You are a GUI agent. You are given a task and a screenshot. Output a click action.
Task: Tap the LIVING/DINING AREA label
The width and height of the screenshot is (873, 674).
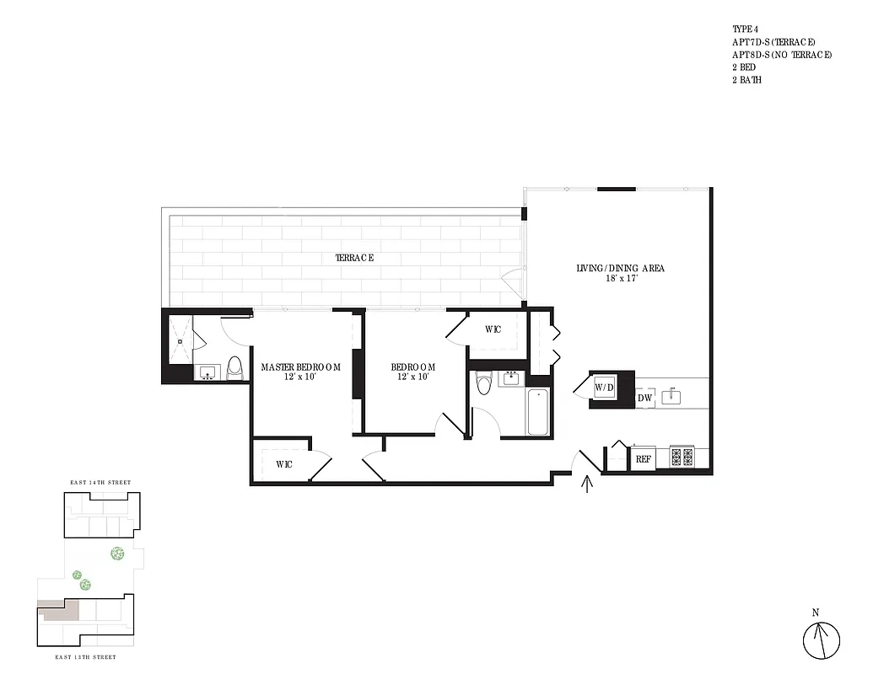[x=620, y=268]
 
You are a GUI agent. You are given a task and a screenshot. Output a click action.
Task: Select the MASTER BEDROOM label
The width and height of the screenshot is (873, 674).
[x=300, y=367]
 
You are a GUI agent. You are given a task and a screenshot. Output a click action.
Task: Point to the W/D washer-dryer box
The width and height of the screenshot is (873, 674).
[x=605, y=388]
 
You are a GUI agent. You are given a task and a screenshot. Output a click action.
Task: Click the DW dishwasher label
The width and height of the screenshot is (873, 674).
[x=645, y=398]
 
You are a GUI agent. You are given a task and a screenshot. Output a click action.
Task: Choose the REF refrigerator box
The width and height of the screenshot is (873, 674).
[x=643, y=459]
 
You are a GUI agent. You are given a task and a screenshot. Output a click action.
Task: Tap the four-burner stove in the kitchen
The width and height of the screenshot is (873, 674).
[x=681, y=457]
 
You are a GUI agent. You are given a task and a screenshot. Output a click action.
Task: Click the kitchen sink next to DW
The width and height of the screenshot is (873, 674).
[x=672, y=395]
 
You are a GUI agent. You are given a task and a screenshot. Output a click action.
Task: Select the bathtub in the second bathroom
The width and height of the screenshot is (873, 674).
[x=538, y=412]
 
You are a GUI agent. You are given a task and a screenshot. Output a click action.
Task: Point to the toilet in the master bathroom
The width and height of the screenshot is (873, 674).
[x=234, y=368]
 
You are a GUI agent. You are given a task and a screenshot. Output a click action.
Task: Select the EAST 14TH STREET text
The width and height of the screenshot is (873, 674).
[x=100, y=483]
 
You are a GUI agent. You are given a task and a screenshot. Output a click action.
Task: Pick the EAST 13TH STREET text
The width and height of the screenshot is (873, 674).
[x=85, y=656]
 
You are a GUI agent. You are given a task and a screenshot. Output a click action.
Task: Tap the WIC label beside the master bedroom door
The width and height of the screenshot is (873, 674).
[x=284, y=464]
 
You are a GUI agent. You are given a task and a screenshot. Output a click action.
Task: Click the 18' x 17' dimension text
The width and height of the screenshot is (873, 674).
[x=620, y=279]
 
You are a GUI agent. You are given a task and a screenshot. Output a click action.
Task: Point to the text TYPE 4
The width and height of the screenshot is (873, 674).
[x=746, y=29]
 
